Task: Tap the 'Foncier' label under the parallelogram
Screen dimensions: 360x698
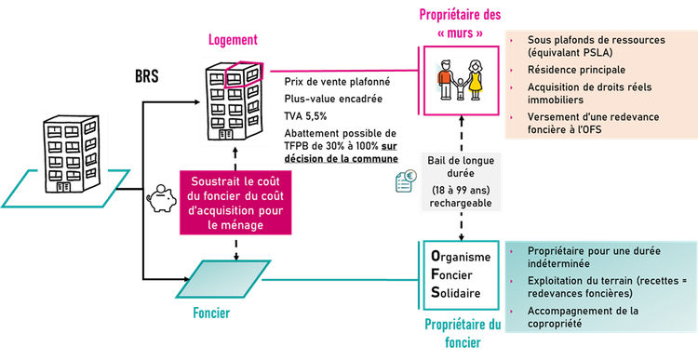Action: pos(212,313)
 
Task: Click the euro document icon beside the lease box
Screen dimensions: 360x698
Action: pos(405,182)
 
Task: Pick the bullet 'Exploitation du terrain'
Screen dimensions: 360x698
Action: pos(597,287)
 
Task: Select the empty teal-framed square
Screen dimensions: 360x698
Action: pos(463,277)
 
